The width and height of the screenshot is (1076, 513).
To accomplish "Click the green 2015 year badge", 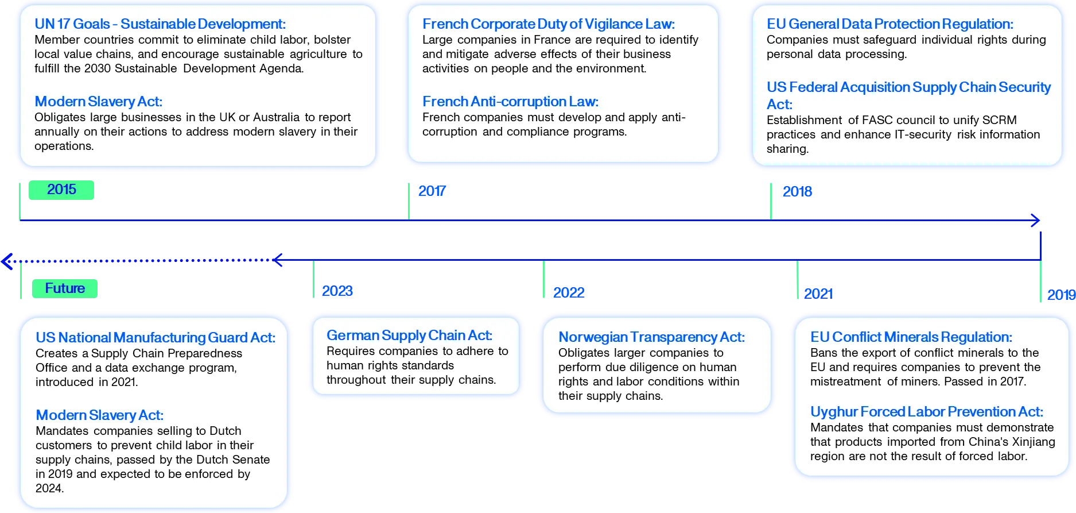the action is [x=61, y=190].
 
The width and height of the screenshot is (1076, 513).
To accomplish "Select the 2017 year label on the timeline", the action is [x=432, y=191].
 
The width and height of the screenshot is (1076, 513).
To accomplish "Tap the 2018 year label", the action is [x=797, y=192].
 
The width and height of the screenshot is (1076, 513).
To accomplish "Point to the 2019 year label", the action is [x=1061, y=295].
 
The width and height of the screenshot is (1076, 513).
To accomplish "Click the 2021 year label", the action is [x=818, y=294].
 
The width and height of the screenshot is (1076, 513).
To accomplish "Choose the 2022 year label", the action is [x=569, y=293].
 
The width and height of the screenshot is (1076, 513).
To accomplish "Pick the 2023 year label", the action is [x=337, y=291].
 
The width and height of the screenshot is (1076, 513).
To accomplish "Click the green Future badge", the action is [x=65, y=288].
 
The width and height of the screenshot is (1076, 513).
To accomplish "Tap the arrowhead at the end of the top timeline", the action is [x=1036, y=220].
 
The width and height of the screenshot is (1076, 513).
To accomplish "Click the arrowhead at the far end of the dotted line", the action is [x=6, y=261].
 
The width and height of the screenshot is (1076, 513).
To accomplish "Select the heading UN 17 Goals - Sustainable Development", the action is [x=160, y=24].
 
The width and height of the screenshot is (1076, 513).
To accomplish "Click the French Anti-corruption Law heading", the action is [x=510, y=102].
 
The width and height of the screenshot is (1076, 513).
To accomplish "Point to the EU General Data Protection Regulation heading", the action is [x=890, y=24].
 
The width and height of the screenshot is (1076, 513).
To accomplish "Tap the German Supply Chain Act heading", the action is [x=409, y=335].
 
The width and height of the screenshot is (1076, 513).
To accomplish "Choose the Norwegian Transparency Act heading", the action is [x=651, y=337].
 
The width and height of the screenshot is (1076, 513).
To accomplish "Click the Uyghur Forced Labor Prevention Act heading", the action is [x=926, y=412].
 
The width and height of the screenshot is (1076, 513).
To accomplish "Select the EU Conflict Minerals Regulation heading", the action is [x=911, y=337].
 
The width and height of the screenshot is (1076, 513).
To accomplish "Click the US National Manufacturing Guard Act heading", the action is [x=156, y=338].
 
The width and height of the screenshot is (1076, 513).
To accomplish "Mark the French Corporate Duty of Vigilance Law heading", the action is [x=549, y=24].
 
